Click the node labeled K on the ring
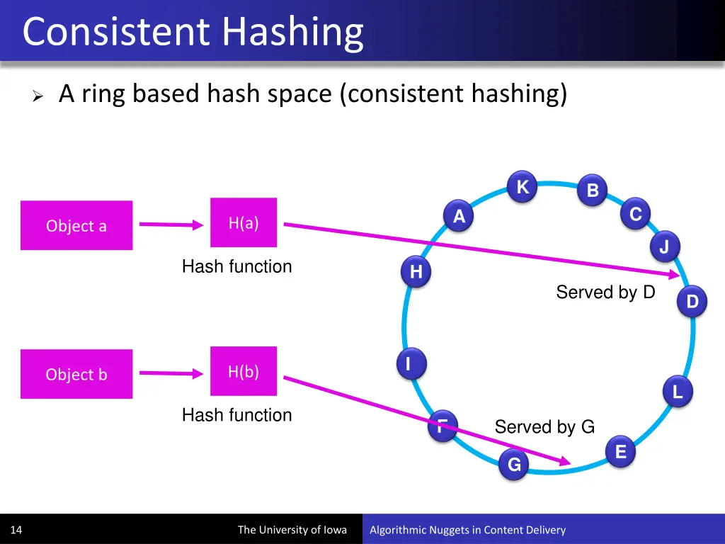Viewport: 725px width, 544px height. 523,188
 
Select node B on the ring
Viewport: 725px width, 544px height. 593,191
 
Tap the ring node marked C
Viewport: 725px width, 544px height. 635,215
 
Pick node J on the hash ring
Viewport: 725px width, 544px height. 664,247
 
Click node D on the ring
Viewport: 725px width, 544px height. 692,302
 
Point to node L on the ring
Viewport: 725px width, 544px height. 678,392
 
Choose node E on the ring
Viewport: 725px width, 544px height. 620,452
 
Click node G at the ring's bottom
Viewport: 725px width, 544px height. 514,465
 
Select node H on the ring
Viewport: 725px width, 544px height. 416,272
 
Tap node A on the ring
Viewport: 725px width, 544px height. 459,217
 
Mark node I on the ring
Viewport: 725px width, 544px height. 409,363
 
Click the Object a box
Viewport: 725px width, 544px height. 76,225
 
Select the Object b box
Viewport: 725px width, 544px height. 76,374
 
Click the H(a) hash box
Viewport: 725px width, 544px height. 244,222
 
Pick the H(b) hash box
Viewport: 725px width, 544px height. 244,371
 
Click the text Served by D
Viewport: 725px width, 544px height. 605,292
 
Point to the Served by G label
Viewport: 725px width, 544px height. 544,426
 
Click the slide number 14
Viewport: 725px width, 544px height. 16,530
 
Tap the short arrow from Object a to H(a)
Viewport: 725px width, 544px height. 171,225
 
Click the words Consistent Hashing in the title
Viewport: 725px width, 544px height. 193,32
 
